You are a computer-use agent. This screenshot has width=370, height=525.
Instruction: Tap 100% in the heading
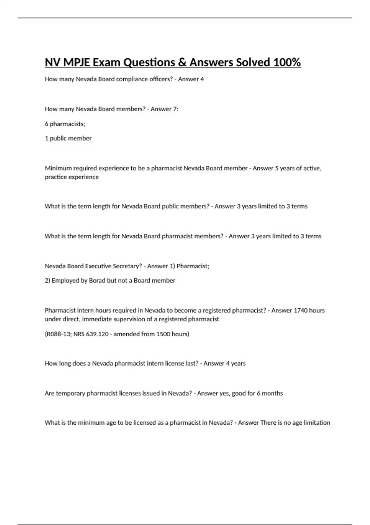(287, 62)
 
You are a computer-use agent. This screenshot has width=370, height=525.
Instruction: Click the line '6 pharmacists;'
(65, 124)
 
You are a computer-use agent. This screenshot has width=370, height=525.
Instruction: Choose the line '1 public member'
(68, 138)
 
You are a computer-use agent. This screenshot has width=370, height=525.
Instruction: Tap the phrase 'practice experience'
(72, 177)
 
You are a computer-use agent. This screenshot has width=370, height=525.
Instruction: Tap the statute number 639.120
(98, 334)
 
